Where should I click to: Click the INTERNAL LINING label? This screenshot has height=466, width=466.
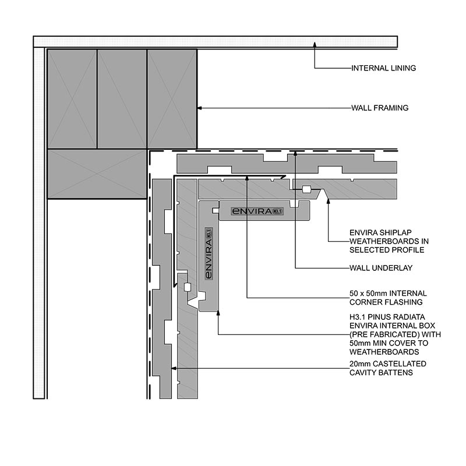coord(384,68)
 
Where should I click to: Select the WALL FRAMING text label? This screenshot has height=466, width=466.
coord(380,108)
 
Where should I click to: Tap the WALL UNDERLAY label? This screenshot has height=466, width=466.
coord(381,268)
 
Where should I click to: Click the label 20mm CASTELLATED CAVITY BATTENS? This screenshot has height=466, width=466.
coord(388,368)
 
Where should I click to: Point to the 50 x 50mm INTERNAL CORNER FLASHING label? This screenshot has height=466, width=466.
coord(388,298)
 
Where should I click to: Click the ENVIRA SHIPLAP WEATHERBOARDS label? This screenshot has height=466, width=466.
coord(389,241)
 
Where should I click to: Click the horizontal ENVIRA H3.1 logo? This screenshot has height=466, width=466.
coord(257,211)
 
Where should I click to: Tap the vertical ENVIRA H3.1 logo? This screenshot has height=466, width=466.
coord(209,253)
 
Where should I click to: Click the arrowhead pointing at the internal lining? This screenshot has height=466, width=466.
coord(315,45)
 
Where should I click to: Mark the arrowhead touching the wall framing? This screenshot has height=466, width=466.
coord(200,108)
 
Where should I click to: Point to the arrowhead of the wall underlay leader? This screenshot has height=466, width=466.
coord(295,153)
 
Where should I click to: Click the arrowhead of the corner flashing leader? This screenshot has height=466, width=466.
coord(247,178)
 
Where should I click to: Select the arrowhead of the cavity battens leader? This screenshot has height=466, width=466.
coord(174,368)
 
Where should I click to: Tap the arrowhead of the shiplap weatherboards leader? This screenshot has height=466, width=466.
coord(328,201)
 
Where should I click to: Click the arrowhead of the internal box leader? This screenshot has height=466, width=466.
coord(218,313)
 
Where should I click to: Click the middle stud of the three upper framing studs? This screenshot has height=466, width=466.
coord(122,99)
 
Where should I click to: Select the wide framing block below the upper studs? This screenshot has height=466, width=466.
coord(97,174)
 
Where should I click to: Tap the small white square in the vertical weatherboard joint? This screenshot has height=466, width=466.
coord(187,287)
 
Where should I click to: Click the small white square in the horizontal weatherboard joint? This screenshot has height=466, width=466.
coord(306,189)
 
